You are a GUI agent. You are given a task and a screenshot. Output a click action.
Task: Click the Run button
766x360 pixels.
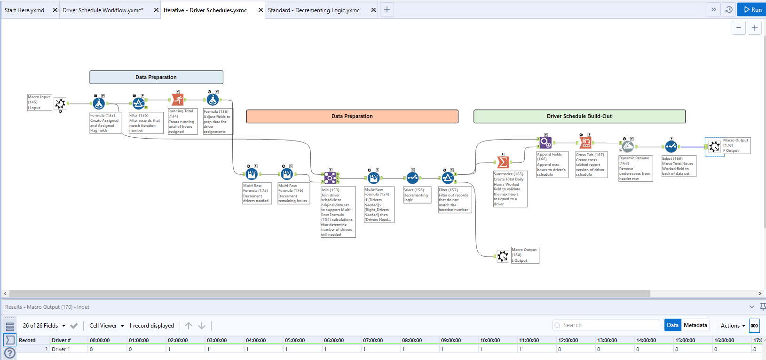752,9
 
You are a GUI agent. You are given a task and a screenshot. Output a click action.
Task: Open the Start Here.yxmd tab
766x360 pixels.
24,10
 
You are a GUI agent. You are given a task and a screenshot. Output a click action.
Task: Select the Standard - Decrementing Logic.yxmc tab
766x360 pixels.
314,10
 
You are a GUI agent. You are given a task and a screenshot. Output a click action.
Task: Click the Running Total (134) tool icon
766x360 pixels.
177,100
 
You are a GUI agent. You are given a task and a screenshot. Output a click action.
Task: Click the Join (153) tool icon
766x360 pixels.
330,178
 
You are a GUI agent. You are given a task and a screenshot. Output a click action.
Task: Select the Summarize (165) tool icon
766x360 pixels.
503,162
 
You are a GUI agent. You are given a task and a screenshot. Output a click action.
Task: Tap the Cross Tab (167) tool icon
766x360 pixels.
585,142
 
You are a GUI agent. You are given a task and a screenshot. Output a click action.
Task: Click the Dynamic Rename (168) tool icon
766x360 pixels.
627,146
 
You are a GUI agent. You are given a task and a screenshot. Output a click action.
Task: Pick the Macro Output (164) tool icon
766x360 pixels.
503,256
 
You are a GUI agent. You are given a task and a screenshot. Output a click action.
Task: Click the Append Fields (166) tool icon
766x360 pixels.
545,141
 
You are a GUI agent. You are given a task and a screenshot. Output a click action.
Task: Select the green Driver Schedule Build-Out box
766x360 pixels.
579,116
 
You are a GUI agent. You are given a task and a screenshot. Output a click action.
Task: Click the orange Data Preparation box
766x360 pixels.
352,116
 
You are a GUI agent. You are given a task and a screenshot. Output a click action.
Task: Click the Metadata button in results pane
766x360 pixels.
695,325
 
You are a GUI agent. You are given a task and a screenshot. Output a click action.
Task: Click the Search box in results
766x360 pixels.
607,325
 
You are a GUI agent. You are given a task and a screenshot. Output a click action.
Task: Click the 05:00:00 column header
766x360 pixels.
295,340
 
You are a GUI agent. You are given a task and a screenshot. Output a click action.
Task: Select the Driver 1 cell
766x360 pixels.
61,349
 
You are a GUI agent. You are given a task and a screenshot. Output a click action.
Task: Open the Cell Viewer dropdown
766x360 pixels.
106,326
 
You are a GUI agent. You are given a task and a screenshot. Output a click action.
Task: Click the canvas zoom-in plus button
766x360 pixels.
754,28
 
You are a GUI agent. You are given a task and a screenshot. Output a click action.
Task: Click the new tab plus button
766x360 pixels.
387,9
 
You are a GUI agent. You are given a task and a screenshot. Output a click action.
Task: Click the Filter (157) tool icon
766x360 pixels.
448,178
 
